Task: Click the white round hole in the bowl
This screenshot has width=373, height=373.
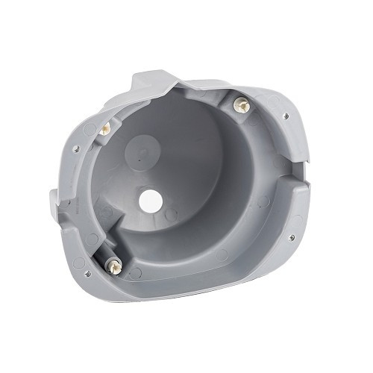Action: tap(150, 200)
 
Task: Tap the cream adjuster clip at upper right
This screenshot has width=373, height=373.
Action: tap(242, 106)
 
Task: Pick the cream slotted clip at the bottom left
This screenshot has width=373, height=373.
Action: tap(115, 266)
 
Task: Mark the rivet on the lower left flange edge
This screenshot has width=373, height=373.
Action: tap(89, 273)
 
